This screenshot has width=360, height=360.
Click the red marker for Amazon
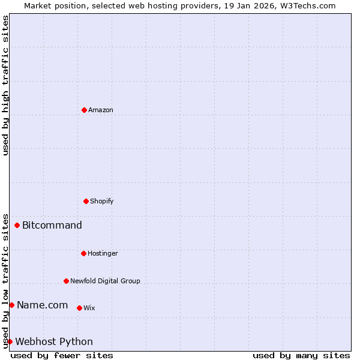tap(84, 110)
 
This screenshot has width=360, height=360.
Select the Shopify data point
tap(86, 201)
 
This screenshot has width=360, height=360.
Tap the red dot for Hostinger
tap(83, 253)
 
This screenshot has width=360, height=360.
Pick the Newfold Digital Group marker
tap(66, 281)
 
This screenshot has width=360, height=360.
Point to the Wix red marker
tap(79, 308)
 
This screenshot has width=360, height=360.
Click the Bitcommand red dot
tap(17, 226)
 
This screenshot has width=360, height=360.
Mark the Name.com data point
tap(11, 305)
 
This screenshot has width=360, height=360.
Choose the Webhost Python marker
tap(10, 342)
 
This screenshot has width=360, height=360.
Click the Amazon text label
tap(101, 110)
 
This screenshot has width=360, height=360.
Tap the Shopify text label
tap(102, 202)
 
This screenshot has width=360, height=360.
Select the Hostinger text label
tap(103, 254)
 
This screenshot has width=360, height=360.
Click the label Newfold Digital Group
tap(105, 281)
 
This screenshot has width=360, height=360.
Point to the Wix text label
tap(89, 308)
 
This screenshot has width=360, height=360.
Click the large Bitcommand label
tap(52, 226)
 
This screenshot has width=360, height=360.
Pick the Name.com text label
tap(43, 305)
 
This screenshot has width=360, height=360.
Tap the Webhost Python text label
tap(54, 342)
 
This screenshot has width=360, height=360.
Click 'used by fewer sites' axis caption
tap(62, 355)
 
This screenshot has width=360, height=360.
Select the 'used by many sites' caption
tap(301, 355)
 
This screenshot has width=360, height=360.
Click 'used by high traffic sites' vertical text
tap(5, 85)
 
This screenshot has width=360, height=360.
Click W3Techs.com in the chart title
tap(307, 5)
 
